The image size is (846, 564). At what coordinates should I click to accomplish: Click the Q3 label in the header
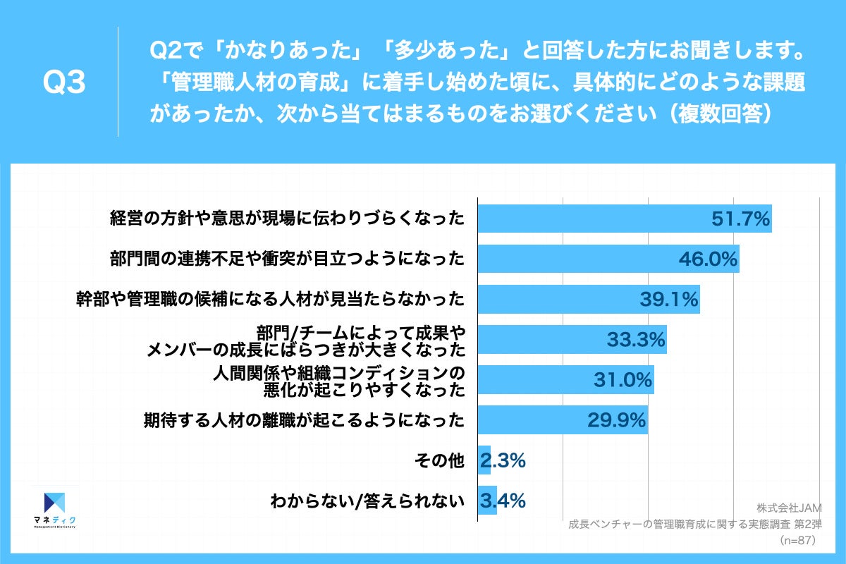(64, 83)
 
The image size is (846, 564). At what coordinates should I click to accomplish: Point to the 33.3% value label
(636, 341)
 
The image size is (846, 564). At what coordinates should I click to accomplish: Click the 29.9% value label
(617, 421)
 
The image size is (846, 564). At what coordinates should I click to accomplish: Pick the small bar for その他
(484, 461)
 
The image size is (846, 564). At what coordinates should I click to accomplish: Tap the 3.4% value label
(503, 501)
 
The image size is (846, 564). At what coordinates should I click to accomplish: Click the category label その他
(448, 462)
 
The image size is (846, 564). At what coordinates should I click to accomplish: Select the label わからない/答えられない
(367, 502)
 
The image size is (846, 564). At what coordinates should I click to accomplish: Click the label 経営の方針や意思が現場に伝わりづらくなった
(288, 219)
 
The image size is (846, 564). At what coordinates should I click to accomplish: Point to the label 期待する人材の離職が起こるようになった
(304, 422)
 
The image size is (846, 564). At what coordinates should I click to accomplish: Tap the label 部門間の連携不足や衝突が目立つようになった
(288, 259)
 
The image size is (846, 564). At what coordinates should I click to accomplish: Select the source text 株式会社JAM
(785, 508)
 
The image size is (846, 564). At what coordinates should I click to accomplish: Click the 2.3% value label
(503, 461)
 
